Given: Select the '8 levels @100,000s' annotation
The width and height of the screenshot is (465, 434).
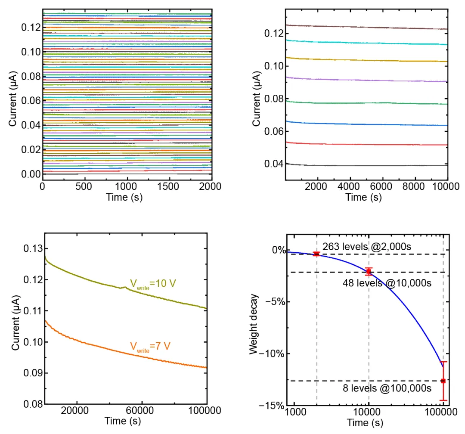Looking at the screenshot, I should (x=387, y=388).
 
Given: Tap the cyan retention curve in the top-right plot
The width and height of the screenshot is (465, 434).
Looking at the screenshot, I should (x=366, y=43).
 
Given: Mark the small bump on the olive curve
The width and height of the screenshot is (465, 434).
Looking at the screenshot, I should (x=125, y=287).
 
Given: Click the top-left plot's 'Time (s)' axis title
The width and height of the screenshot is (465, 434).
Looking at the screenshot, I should (x=125, y=197).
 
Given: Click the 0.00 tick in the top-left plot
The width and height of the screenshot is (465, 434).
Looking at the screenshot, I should (x=30, y=174).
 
